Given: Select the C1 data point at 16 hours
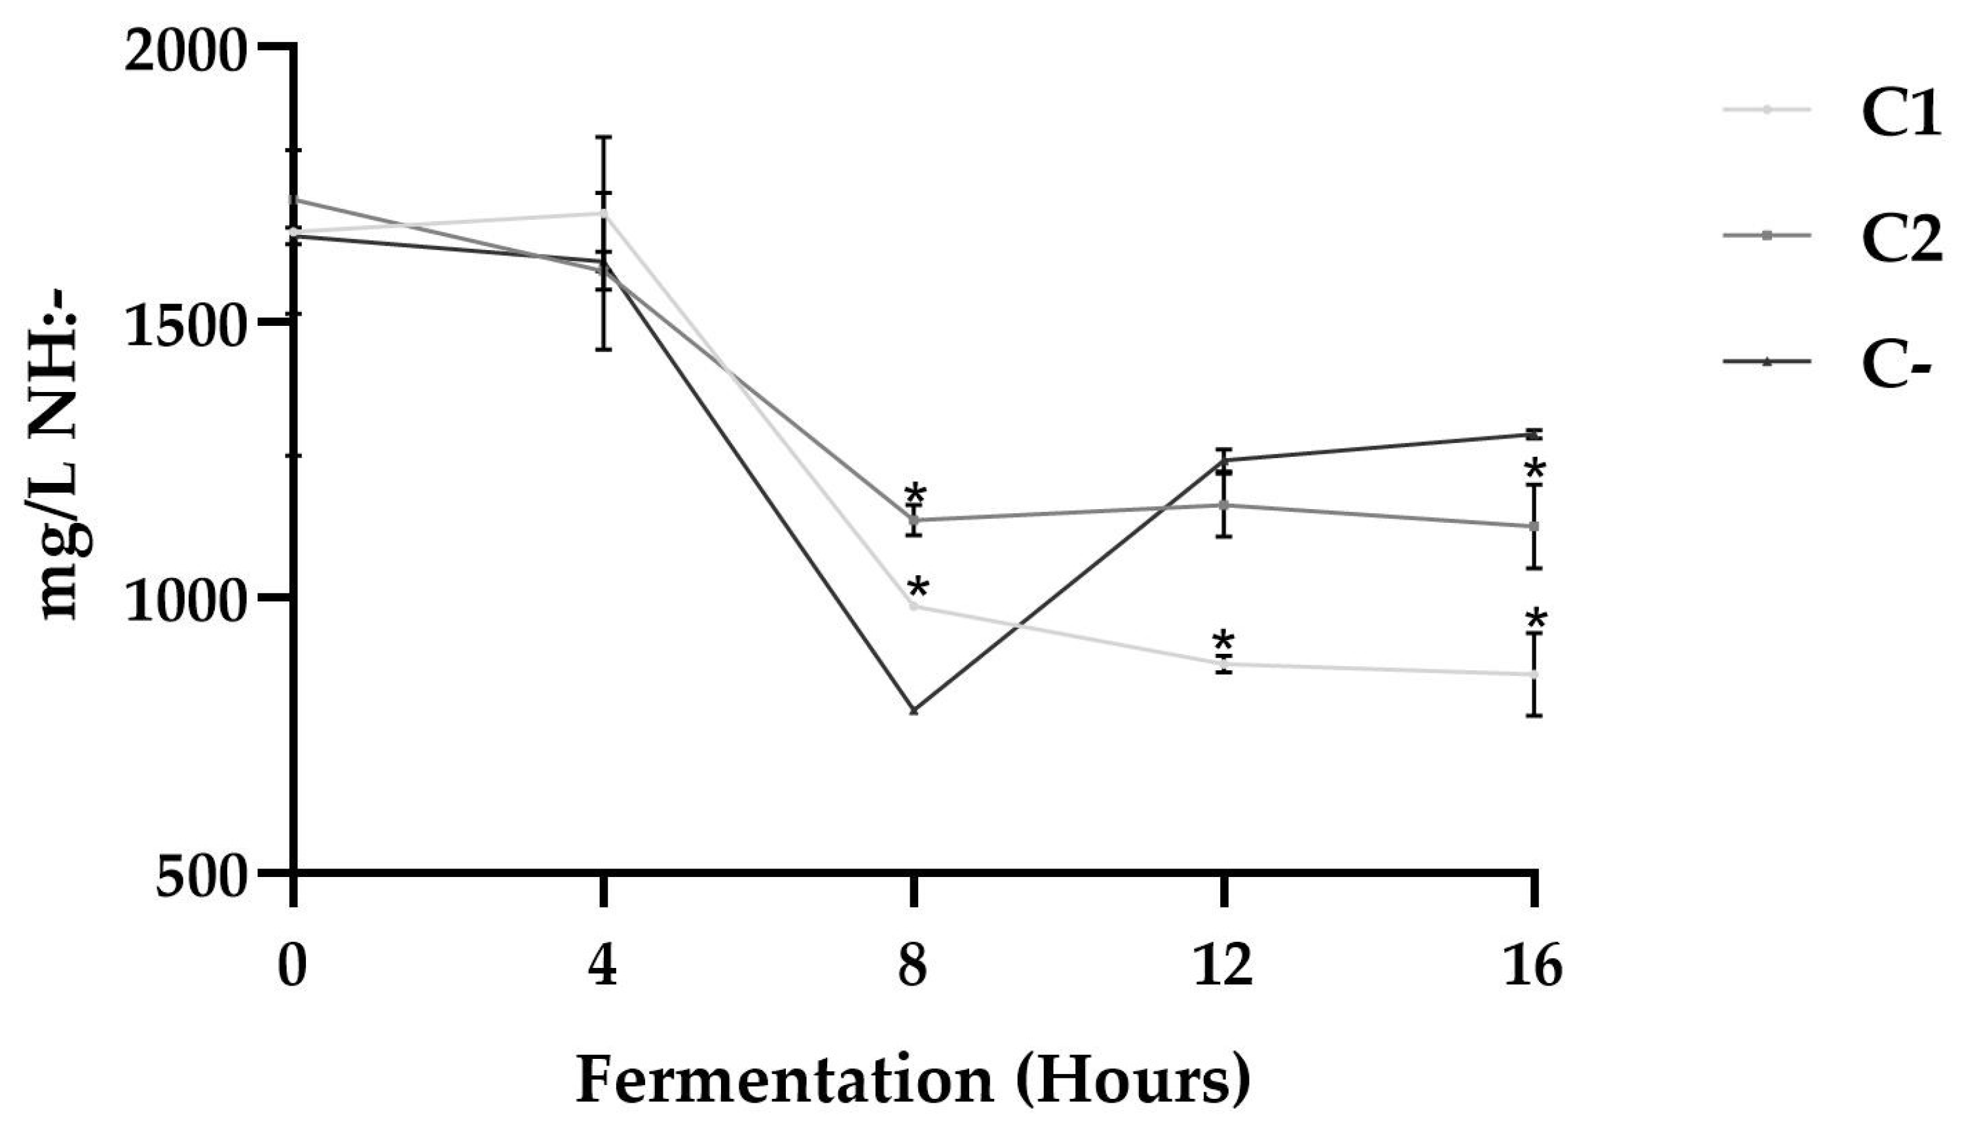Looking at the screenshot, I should pos(1534,675).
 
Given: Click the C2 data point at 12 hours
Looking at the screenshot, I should pos(1223,505).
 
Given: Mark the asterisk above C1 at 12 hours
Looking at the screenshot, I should pos(1223,641).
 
